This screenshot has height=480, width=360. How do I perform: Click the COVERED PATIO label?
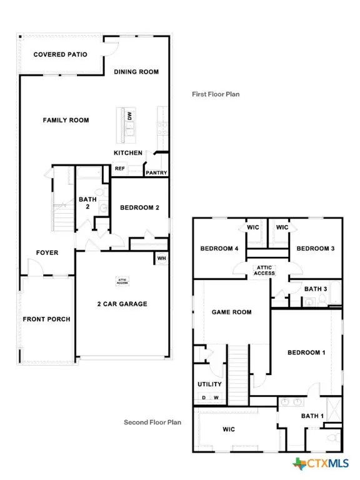[60, 54]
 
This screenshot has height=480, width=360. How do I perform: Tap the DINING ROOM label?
[136, 72]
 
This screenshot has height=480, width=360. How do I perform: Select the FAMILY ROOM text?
[66, 120]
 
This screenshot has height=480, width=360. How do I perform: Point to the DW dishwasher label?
[129, 116]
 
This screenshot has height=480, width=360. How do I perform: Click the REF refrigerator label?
[119, 168]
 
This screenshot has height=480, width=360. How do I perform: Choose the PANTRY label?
[155, 172]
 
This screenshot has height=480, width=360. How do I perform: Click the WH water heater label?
[161, 258]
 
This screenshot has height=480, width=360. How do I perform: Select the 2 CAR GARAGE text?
[122, 304]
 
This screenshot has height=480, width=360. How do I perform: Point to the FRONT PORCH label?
[47, 319]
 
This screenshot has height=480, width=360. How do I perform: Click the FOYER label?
[47, 253]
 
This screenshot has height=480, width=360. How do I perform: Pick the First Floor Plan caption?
[216, 94]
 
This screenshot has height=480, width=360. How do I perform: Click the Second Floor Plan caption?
[152, 422]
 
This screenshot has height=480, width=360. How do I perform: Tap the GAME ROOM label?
[231, 312]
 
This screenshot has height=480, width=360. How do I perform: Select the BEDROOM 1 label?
[306, 352]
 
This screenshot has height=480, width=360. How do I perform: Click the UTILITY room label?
[209, 384]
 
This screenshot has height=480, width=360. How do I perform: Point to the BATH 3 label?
[316, 289]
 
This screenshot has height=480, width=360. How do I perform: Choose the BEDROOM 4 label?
[219, 249]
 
